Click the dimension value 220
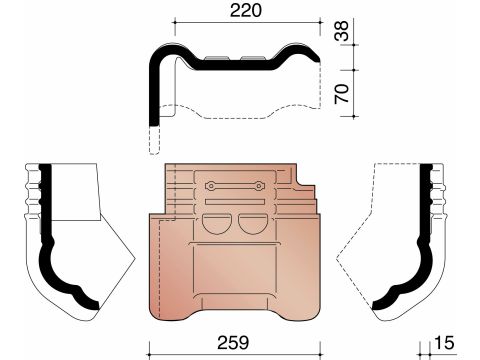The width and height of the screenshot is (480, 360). pos(246,11)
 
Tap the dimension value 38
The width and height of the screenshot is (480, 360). pos(342,31)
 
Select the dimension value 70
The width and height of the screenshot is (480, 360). pos(342,94)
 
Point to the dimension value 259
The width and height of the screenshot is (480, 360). pos(233,342)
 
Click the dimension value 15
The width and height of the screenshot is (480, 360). pos(444,342)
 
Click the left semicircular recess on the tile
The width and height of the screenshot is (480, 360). pos(216,224)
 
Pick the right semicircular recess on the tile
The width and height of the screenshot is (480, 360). pos(253,224)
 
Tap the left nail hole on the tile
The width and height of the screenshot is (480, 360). pos(211,186)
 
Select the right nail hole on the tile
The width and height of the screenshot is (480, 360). pos(259,186)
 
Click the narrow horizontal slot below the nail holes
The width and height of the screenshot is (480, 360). pos(235,201)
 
